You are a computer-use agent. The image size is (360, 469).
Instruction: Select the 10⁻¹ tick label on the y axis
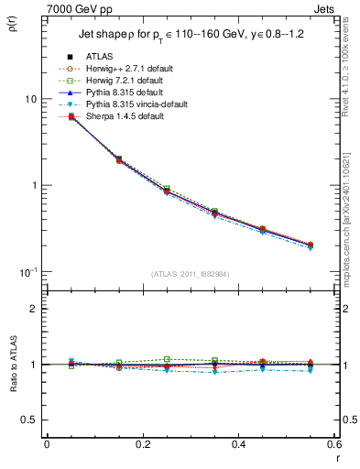28,271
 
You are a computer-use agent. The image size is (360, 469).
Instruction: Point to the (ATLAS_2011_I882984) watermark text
191,275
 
